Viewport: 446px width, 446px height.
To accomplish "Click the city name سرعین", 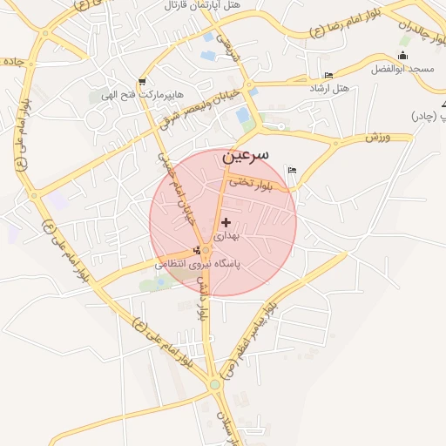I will (245, 156).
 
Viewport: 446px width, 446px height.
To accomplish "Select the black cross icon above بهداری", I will (226, 223).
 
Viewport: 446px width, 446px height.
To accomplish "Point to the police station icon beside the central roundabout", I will (195, 251).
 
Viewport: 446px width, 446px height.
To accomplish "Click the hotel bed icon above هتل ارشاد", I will (328, 75).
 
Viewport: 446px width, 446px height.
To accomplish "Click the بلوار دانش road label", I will (203, 297).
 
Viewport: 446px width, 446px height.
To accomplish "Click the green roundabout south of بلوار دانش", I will (214, 384).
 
